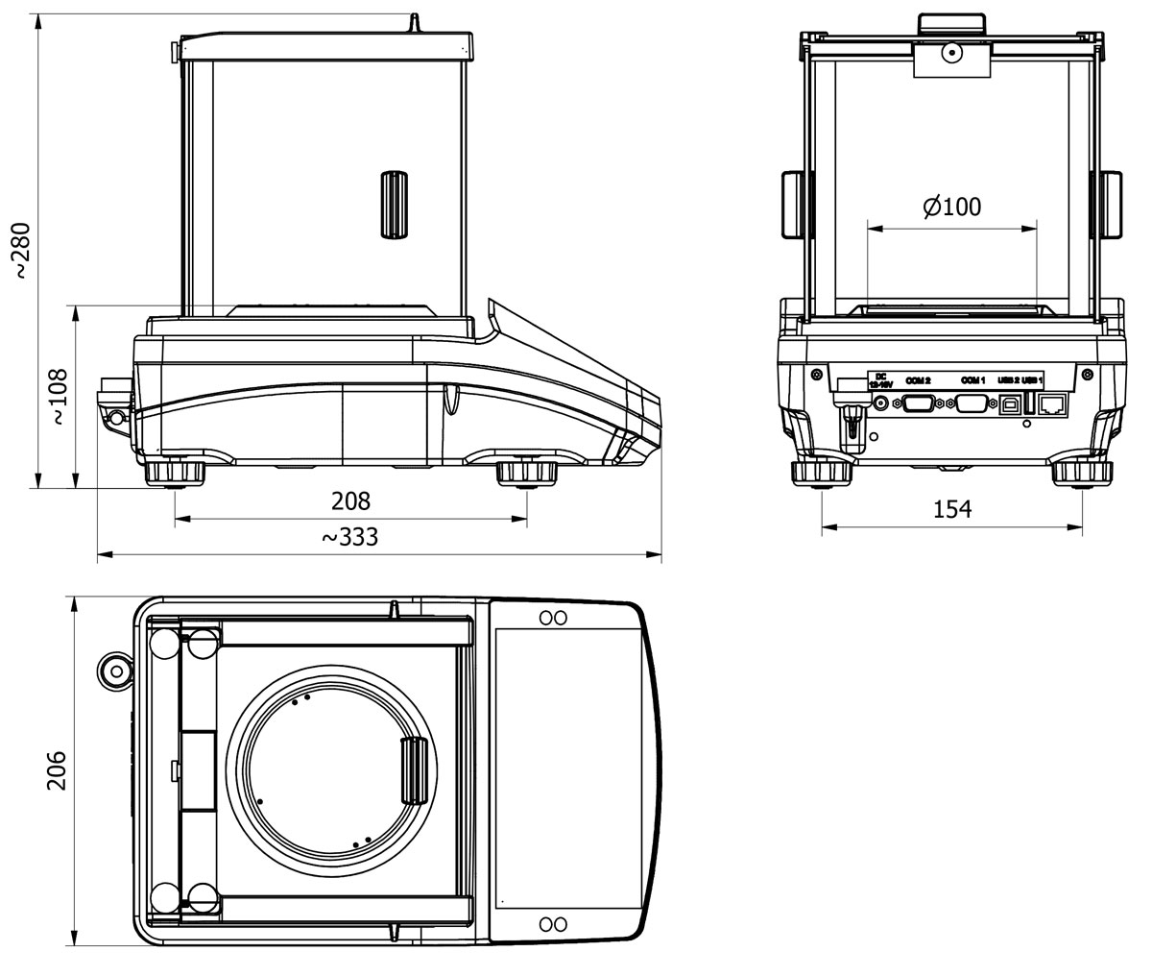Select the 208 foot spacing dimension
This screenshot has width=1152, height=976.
[x=350, y=500]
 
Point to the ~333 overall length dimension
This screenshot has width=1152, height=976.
[x=349, y=537]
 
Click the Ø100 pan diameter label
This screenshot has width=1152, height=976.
[x=951, y=207]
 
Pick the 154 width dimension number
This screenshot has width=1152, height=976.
[x=952, y=509]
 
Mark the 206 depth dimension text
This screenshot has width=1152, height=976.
[x=57, y=770]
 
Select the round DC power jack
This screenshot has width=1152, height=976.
[x=878, y=404]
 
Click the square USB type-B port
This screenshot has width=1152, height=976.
[x=1009, y=403]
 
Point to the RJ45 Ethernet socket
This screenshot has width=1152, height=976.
[x=1053, y=403]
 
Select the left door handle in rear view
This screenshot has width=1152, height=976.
[x=795, y=204]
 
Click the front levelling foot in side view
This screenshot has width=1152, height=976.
[x=526, y=474]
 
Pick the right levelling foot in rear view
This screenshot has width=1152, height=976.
[x=1082, y=474]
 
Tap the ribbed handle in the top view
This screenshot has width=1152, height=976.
[x=414, y=770]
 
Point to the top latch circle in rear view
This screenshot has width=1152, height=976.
[x=951, y=54]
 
